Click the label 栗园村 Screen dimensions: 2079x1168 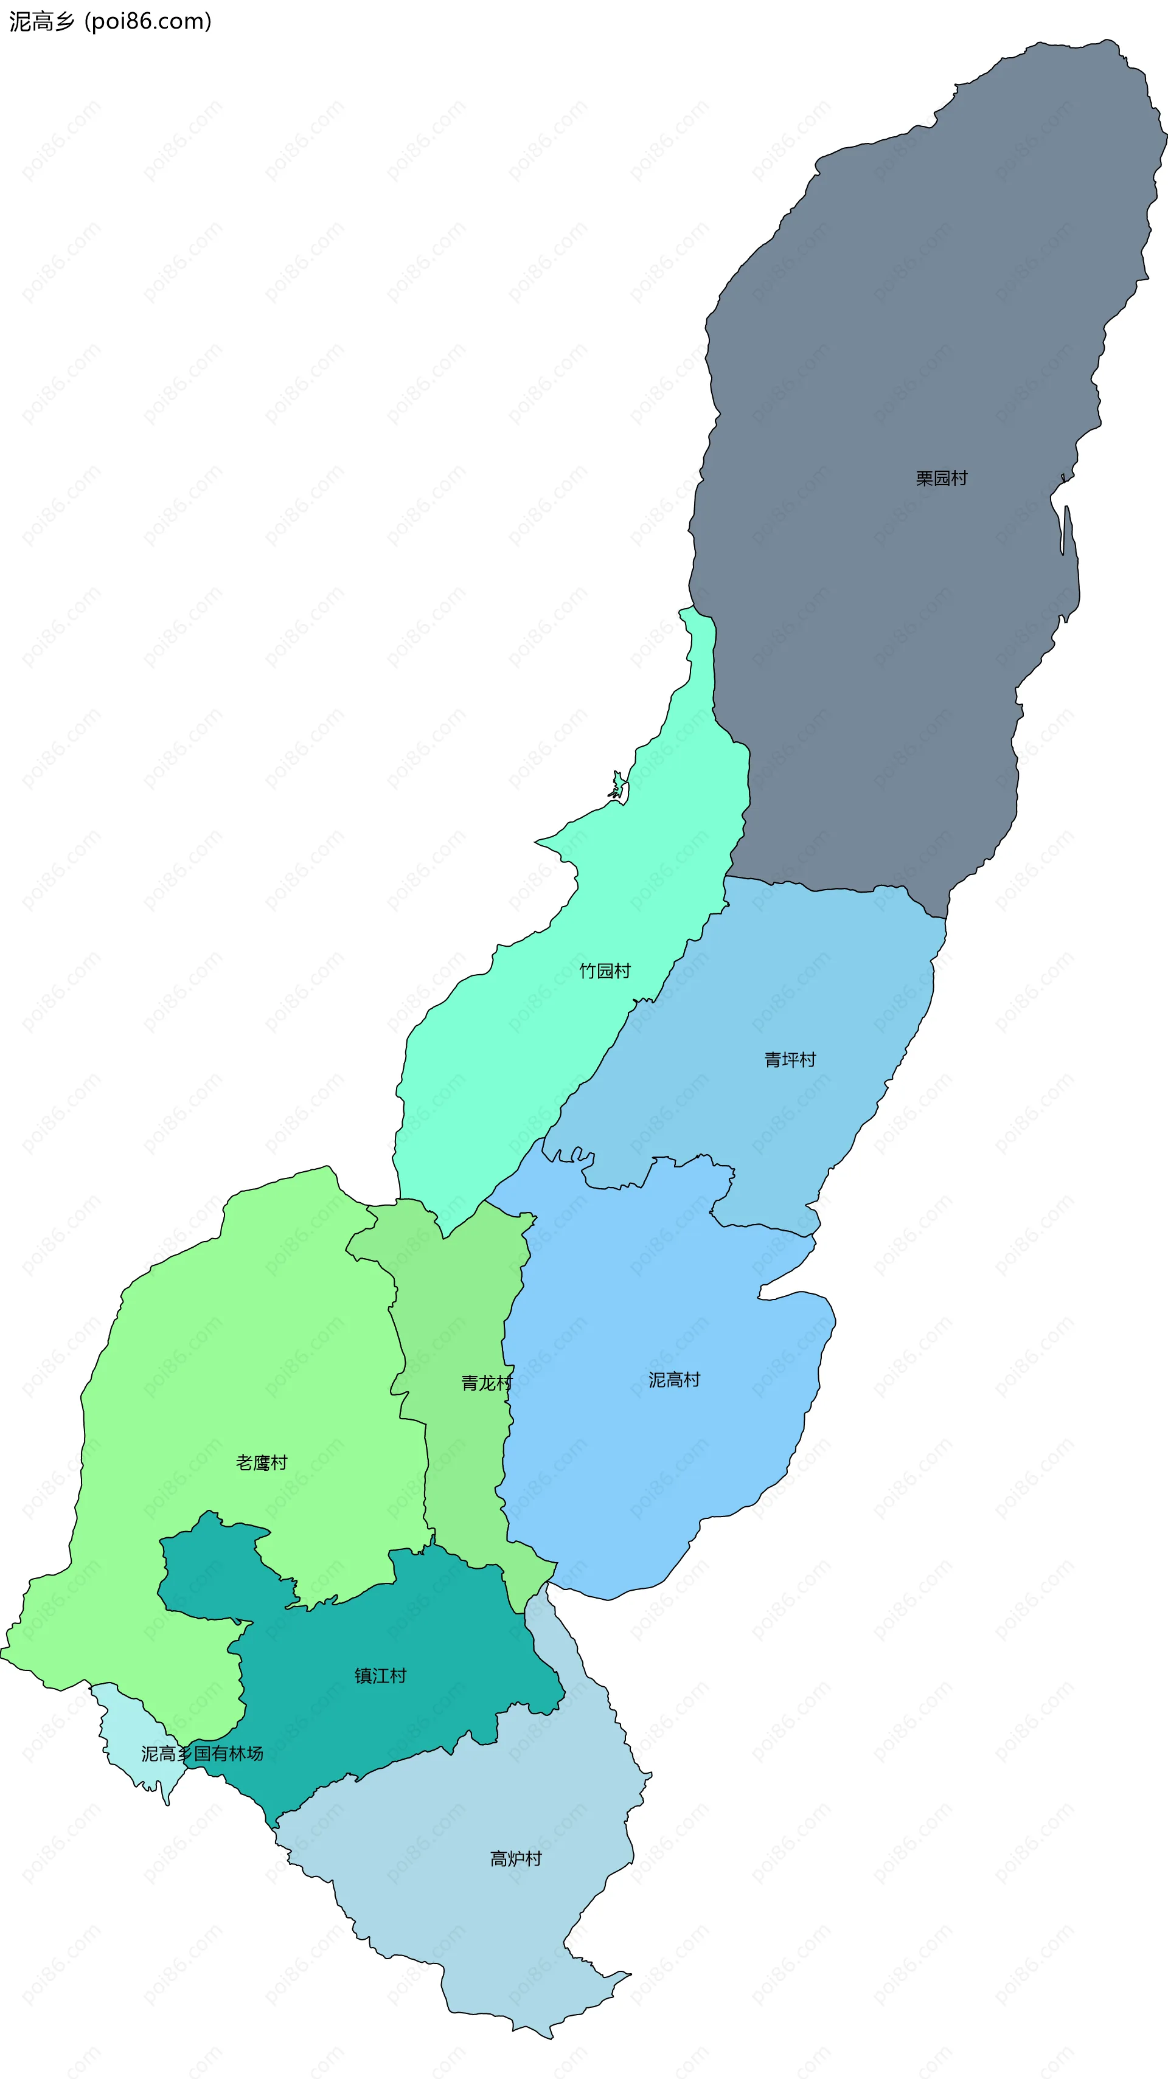tap(941, 479)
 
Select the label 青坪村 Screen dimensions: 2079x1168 tap(790, 1060)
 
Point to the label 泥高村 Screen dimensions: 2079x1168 tap(674, 1380)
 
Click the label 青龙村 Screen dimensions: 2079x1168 tap(487, 1383)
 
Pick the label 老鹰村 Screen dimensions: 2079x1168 tap(262, 1462)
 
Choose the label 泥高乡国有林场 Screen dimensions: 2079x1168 tap(203, 1754)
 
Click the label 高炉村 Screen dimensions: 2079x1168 tap(516, 1859)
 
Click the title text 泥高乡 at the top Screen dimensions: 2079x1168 tap(42, 22)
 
